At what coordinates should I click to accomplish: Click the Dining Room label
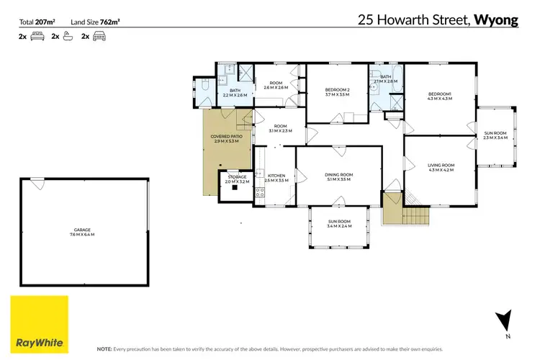(337, 176)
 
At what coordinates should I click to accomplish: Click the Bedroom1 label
(439, 96)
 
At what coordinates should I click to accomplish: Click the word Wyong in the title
(496, 19)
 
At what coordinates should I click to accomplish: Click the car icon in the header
(99, 35)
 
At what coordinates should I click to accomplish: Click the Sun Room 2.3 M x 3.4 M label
(495, 135)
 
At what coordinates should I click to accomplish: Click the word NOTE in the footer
(104, 348)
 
